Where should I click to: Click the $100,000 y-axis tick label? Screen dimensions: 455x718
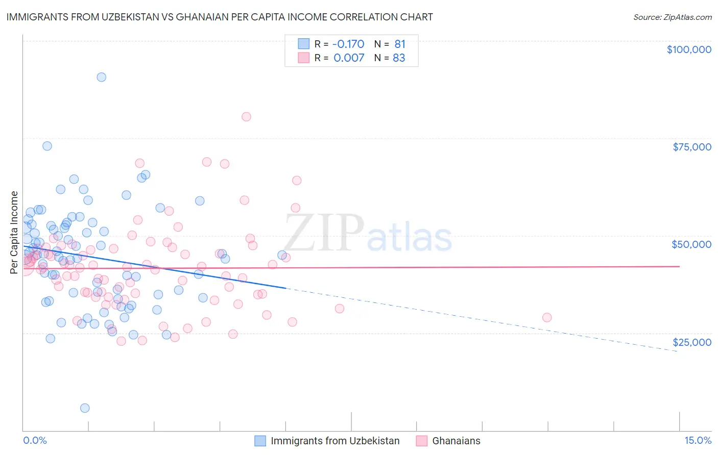689,49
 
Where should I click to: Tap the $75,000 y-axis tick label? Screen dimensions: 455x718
691,147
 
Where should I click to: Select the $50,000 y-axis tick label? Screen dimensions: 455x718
691,244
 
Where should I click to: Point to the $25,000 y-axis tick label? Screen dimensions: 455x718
691,342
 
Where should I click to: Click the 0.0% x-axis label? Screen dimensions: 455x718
35,441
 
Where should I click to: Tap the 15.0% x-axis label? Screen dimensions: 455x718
698,441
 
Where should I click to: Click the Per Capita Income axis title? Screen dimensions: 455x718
14,232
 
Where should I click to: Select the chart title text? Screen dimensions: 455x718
220,17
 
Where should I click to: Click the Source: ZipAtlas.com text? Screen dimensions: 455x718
672,17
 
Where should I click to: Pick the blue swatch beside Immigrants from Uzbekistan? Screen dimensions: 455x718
260,441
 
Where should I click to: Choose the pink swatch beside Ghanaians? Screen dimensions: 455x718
421,441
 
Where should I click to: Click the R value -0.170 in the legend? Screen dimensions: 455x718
349,44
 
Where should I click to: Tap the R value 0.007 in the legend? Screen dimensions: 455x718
349,58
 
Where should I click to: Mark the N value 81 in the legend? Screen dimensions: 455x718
399,44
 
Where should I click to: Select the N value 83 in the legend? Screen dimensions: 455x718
399,58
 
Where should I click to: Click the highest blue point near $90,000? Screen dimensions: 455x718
102,77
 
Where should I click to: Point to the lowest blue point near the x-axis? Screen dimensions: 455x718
85,408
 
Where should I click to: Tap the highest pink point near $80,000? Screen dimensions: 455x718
246,117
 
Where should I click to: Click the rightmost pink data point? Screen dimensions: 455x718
547,317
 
